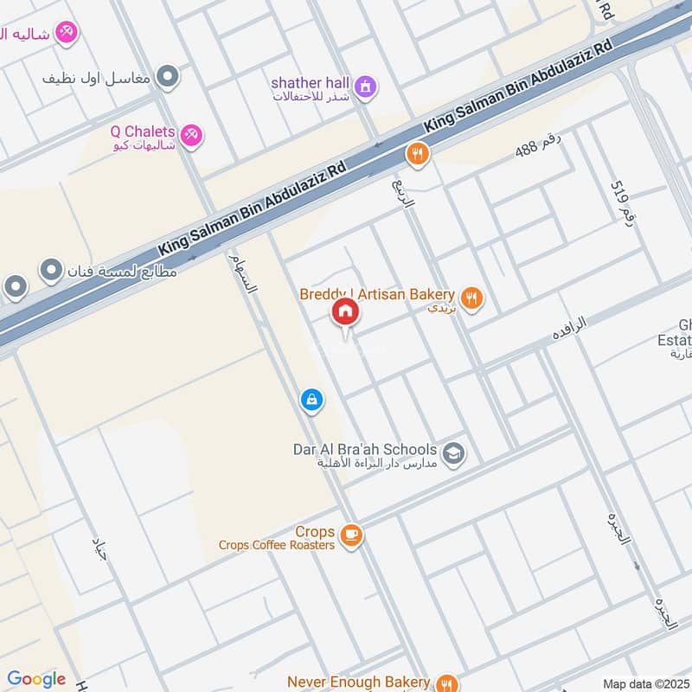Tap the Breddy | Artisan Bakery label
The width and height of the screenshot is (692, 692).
pos(377,295)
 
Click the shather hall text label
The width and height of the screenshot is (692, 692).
pos(310,82)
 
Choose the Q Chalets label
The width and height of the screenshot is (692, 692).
pos(143,132)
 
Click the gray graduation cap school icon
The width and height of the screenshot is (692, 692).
pos(453,452)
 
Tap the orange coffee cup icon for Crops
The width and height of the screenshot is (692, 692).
pos(350,536)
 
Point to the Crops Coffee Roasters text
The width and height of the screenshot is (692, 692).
pos(277,545)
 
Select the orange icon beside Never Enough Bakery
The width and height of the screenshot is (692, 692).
pos(445,682)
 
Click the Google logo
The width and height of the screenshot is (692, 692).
pos(36,679)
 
